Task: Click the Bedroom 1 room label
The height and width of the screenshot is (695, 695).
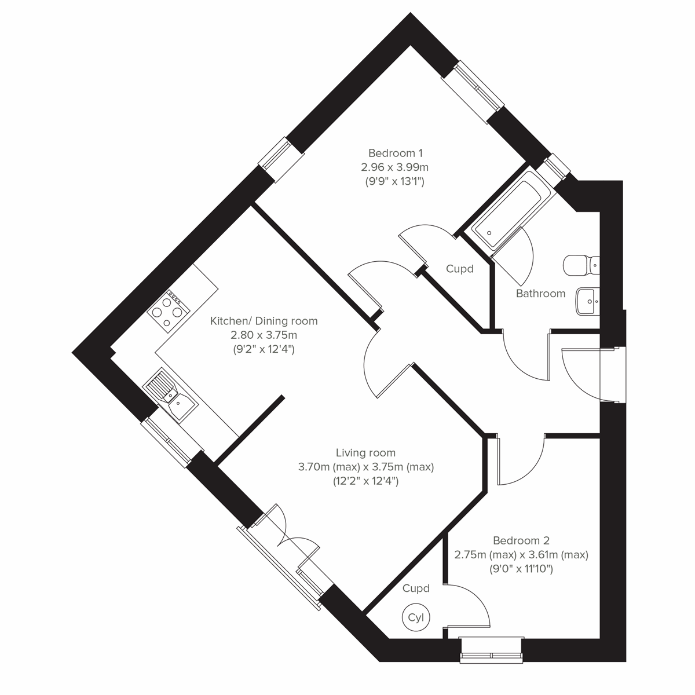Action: (x=396, y=153)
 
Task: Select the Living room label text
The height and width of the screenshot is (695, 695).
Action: (x=365, y=453)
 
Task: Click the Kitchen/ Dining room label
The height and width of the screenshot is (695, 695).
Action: (x=264, y=321)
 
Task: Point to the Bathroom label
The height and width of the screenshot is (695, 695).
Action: (x=540, y=294)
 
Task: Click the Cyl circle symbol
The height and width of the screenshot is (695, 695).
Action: (x=416, y=617)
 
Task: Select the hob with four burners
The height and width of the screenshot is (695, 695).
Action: (x=168, y=309)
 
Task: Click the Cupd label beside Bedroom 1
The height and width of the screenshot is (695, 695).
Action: (x=460, y=269)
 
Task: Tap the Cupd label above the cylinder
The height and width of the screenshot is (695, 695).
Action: (x=416, y=589)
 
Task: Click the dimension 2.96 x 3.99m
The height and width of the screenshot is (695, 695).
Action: (x=395, y=167)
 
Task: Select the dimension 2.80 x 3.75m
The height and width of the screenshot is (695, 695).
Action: (x=264, y=335)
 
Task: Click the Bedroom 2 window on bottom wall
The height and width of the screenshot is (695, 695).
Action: (x=492, y=649)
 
